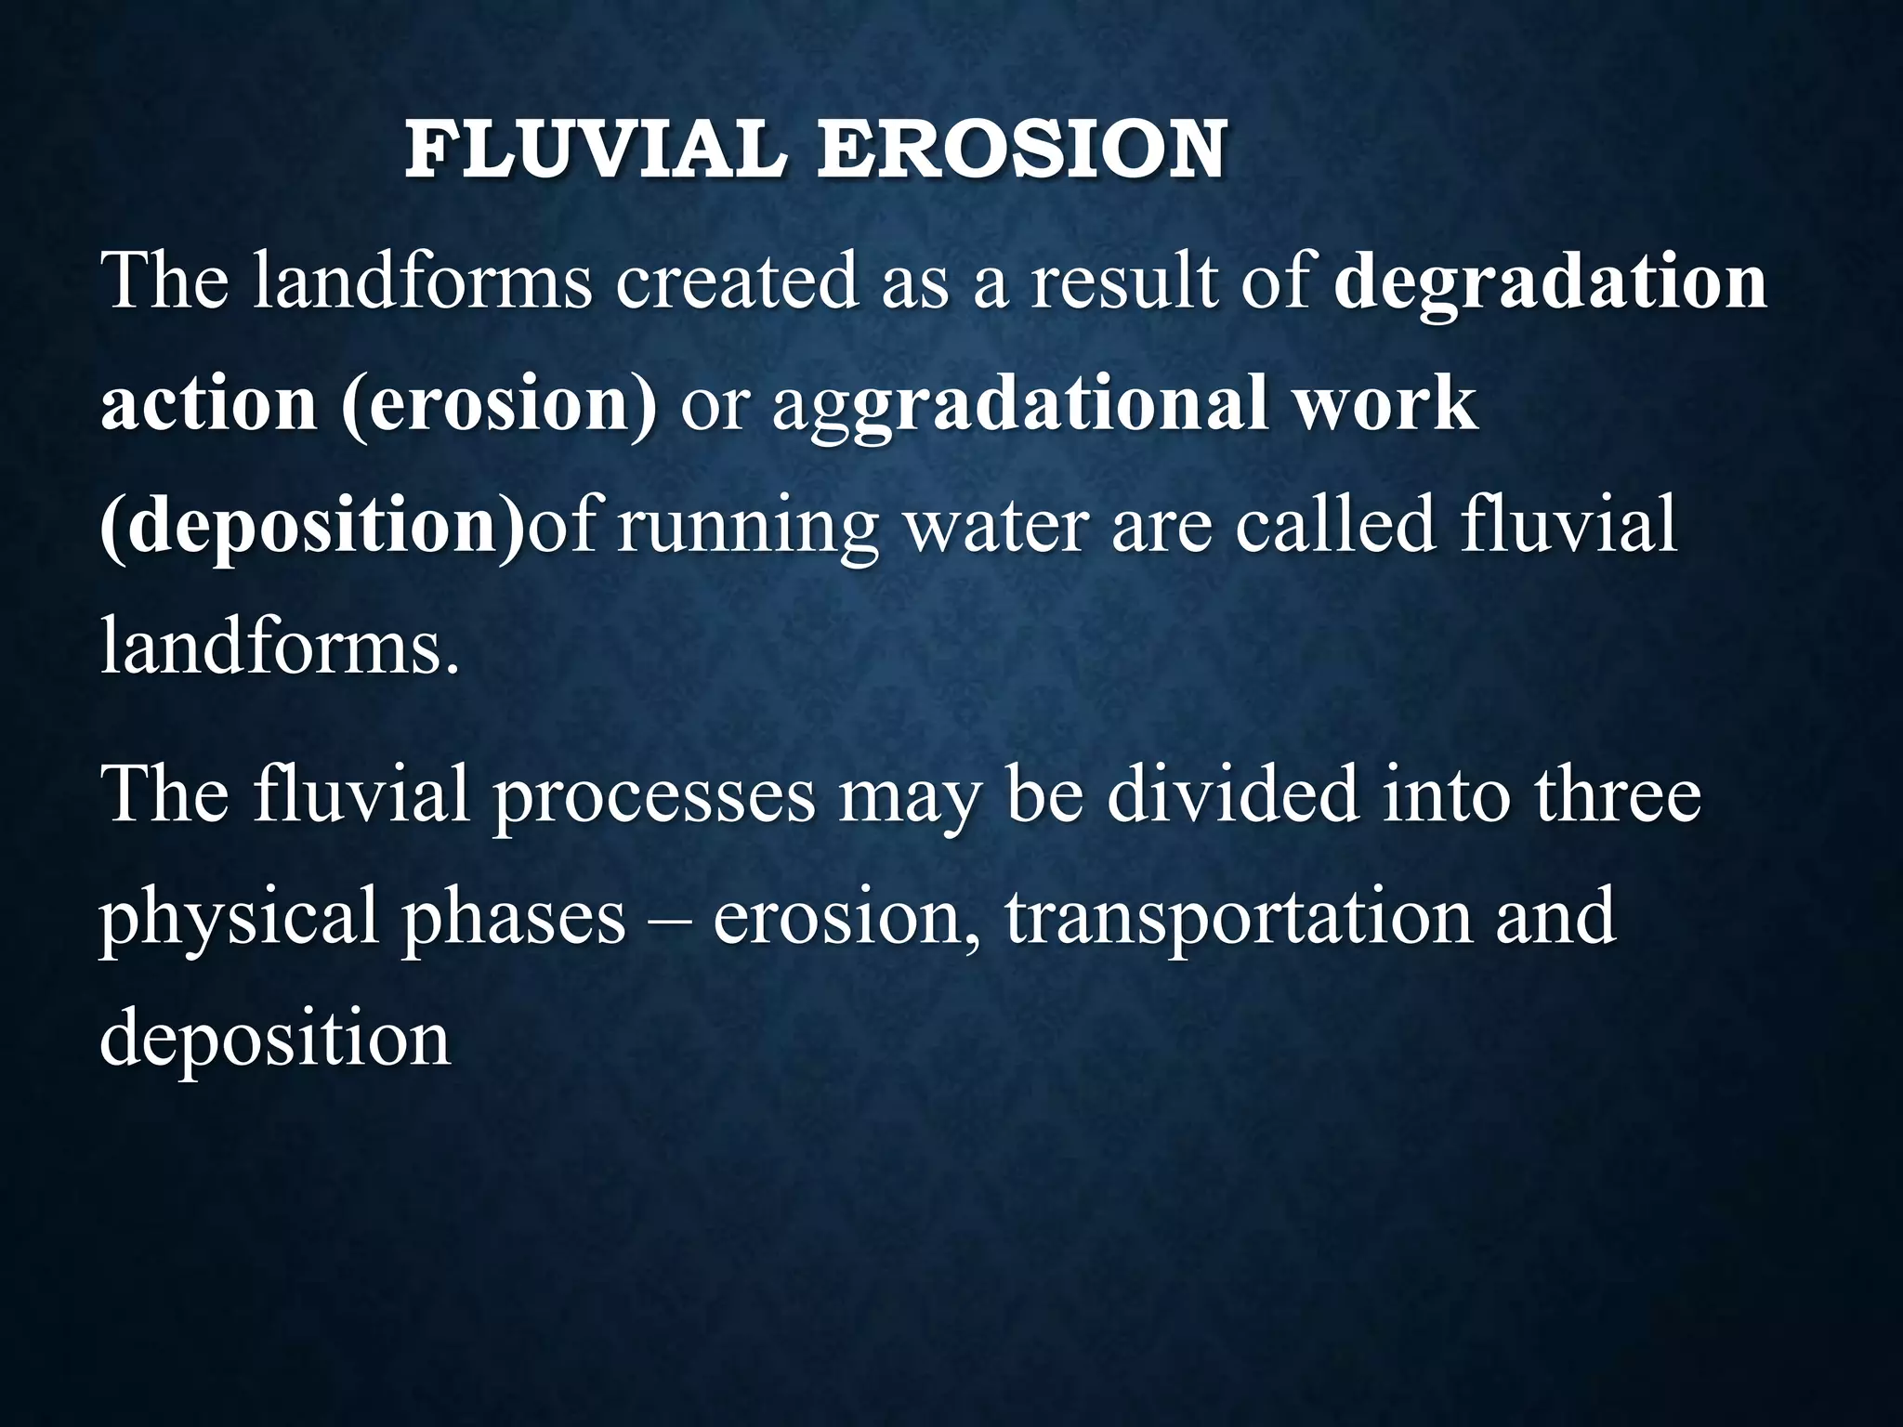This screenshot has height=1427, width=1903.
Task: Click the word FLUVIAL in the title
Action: pyautogui.click(x=595, y=150)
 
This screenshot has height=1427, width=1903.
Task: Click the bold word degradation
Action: pyautogui.click(x=1550, y=282)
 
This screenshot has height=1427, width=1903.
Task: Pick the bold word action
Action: pyautogui.click(x=208, y=405)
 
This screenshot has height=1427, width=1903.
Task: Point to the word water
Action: pyautogui.click(x=995, y=526)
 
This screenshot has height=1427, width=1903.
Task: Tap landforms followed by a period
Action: pyautogui.click(x=279, y=647)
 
